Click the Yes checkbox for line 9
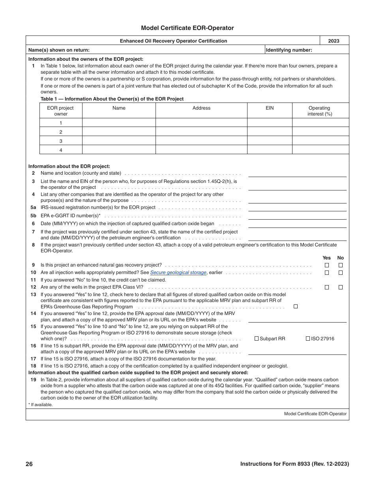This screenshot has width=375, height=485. (x=326, y=265)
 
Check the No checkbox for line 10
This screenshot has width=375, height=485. (x=341, y=273)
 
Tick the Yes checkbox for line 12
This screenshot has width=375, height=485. (x=326, y=287)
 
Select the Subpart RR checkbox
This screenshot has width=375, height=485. (x=257, y=339)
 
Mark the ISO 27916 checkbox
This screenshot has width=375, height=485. (x=308, y=339)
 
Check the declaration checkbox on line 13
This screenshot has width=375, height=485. (x=296, y=306)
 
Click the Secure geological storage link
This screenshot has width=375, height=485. (x=178, y=272)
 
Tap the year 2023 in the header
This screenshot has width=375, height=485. (x=334, y=41)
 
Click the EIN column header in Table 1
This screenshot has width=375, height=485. (x=270, y=108)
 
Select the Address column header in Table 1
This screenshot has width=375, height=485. (x=201, y=108)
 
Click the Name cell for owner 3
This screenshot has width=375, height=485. (x=119, y=141)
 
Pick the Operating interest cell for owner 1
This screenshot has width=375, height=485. (x=320, y=123)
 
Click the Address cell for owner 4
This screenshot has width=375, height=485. (x=201, y=150)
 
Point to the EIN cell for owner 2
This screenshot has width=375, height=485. (x=270, y=132)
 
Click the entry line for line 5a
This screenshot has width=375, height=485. (x=297, y=208)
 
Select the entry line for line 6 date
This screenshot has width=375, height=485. (x=297, y=224)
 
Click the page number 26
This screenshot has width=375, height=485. (x=29, y=464)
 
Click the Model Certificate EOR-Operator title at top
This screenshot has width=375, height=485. (x=187, y=28)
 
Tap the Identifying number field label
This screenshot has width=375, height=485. (x=289, y=50)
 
